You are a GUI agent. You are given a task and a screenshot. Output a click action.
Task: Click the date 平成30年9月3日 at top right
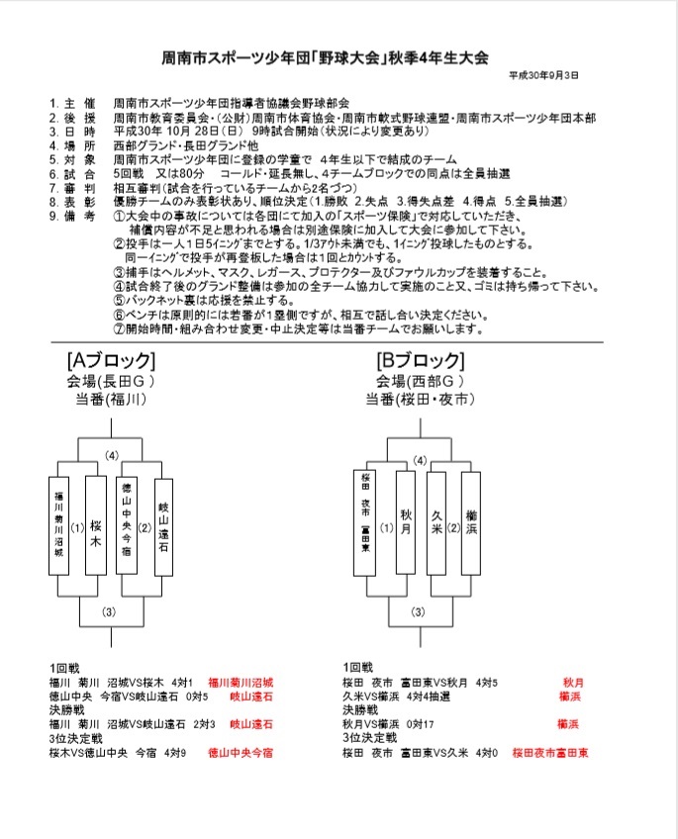point(544,75)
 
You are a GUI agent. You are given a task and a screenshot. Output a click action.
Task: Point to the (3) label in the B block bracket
point(419,610)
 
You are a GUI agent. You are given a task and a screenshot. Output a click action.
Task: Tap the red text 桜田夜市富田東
point(549,753)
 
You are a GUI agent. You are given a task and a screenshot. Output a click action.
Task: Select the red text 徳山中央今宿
point(240,753)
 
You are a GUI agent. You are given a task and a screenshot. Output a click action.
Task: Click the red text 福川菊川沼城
point(240,683)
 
